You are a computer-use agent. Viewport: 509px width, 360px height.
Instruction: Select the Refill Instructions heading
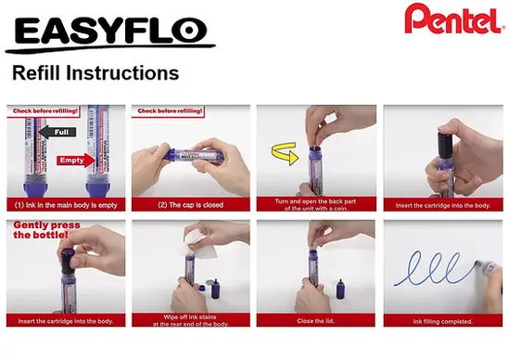[x=95, y=72]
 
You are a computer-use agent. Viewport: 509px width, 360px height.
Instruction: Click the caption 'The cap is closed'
[x=190, y=203]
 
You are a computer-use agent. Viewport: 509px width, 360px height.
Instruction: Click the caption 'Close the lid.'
[x=316, y=320]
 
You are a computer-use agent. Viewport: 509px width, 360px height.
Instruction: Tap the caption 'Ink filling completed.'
[x=442, y=320]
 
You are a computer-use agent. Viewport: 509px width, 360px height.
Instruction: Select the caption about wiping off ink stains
[x=190, y=320]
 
